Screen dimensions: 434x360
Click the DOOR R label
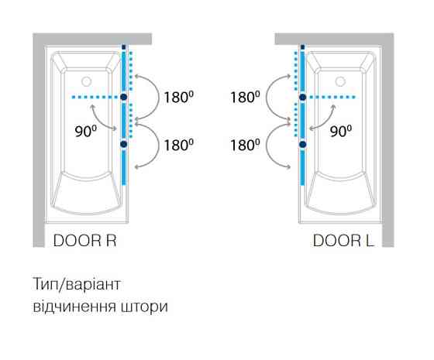[84, 241]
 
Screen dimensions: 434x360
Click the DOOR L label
[343, 241]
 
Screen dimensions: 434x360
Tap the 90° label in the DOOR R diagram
[86, 131]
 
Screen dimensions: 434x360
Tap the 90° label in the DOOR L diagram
[341, 131]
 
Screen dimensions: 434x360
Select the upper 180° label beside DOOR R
[178, 97]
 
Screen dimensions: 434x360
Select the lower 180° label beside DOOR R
[178, 145]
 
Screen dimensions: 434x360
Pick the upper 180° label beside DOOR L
[245, 97]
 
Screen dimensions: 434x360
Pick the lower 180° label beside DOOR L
[245, 145]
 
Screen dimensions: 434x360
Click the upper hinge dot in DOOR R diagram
[124, 97]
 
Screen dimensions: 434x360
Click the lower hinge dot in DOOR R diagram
[124, 144]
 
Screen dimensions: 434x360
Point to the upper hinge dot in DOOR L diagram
[303, 97]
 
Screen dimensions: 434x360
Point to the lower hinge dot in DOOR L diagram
[303, 144]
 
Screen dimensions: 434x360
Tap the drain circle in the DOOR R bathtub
[86, 81]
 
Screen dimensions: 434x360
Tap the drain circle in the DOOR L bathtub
[340, 81]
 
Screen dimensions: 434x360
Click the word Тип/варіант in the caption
[77, 284]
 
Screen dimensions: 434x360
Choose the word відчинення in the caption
[74, 307]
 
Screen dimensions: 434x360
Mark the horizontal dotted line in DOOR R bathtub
[96, 97]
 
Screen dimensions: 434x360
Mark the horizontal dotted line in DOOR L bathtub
[332, 97]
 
